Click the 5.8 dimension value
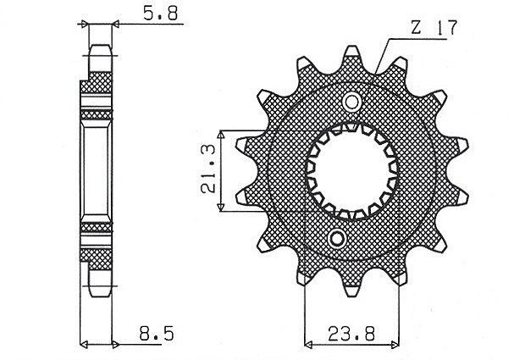tap(161, 14)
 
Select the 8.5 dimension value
tap(157, 334)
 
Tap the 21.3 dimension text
tap(208, 169)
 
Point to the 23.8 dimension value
tap(351, 334)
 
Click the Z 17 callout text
tap(434, 28)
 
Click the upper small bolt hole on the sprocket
tap(351, 102)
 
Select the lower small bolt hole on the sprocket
tap(337, 239)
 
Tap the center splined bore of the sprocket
tap(351, 170)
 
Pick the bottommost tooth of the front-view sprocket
tap(351, 288)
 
